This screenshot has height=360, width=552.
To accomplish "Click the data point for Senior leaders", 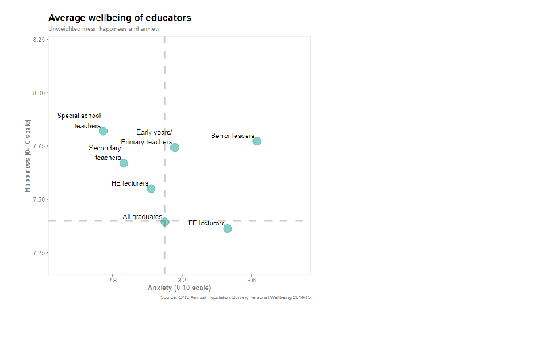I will pos(257,141).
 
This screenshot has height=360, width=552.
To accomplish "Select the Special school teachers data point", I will pos(103,131).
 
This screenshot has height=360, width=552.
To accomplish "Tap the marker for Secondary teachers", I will pos(124,163).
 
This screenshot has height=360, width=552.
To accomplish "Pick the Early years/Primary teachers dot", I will pos(175,148).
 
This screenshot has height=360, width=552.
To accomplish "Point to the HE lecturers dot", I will pos(151,189).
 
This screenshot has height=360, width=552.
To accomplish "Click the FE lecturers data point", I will pos(228,229).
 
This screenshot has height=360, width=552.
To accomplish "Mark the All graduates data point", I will pos(165,222).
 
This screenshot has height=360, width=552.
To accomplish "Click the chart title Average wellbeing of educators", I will pos(120,18).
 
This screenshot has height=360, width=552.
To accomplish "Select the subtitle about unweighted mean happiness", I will pos(104,29).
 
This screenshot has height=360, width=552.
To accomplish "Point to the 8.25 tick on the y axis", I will pos(39,40).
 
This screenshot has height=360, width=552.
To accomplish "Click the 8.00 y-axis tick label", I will pos(39,93).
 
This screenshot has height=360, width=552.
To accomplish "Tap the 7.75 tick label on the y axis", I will pos(39,146).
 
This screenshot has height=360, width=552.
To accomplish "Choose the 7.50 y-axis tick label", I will pos(39,200).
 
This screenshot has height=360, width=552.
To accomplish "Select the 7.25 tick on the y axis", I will pos(39,253).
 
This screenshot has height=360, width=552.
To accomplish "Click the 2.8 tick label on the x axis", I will pos(112,281).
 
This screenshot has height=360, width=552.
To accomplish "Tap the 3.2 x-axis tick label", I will pos(182,281).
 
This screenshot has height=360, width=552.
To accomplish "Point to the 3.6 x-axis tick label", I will pos(251,281).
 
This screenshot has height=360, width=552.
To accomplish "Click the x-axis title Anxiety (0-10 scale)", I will pos(179,288).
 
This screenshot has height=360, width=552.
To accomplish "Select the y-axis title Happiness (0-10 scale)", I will pos(27,155).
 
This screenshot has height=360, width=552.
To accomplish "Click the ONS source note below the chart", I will pos(235,297).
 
